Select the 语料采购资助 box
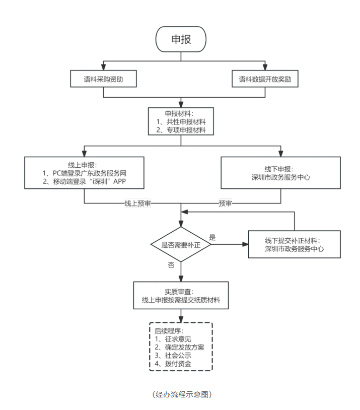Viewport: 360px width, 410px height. click(x=103, y=80)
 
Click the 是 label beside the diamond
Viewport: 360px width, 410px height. click(x=212, y=237)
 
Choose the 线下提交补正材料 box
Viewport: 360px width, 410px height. click(x=294, y=244)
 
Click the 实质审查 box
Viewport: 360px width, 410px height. click(x=181, y=296)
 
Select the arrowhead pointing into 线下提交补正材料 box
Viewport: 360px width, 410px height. click(x=246, y=245)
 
